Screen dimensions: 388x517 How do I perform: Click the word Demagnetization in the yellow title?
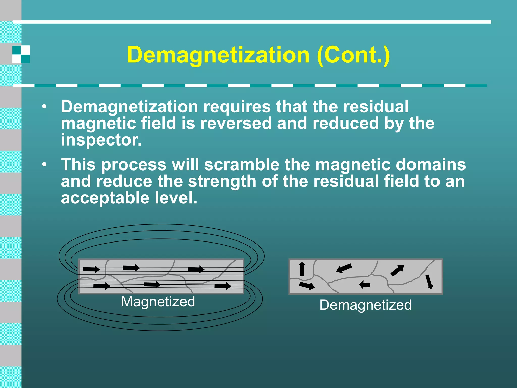(x=218, y=55)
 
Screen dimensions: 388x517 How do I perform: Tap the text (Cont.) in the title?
(x=353, y=55)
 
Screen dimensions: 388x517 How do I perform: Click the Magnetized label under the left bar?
(x=158, y=302)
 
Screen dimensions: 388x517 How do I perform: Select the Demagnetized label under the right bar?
(x=365, y=305)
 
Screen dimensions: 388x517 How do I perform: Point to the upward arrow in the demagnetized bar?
(x=302, y=269)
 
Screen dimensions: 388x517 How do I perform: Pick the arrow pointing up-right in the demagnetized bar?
(x=397, y=271)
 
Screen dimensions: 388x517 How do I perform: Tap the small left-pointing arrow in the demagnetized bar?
(x=365, y=285)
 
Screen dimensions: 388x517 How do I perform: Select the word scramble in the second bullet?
(x=242, y=165)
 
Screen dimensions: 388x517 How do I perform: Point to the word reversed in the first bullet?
(x=236, y=123)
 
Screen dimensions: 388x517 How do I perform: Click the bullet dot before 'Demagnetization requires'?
(x=44, y=107)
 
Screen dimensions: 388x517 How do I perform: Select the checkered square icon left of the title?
(x=21, y=54)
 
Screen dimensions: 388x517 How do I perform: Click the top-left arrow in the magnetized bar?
(x=91, y=269)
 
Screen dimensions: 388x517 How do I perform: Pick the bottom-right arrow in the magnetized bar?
(x=223, y=286)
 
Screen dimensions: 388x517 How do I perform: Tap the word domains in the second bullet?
(x=431, y=165)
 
